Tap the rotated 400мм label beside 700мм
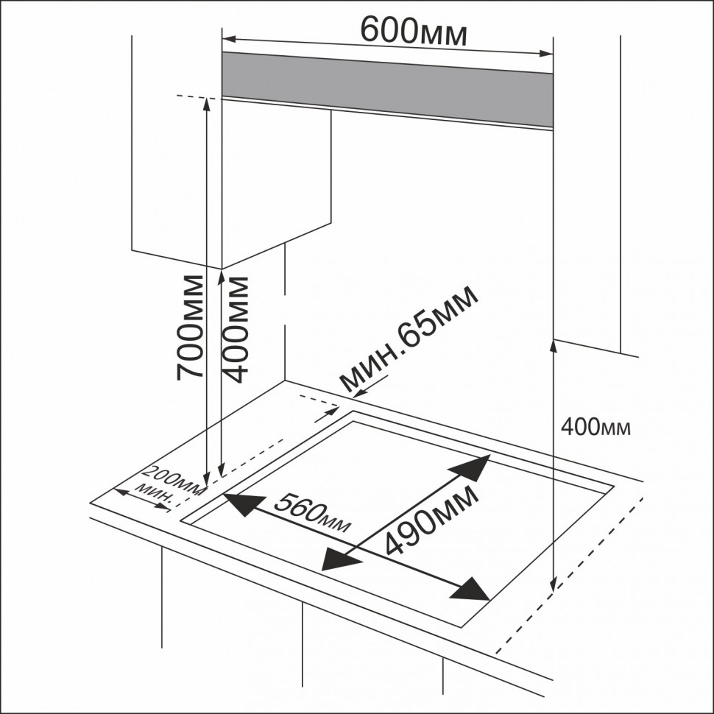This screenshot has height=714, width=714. point(236,328)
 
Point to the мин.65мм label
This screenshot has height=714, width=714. point(410,339)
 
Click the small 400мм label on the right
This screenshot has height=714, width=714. point(595,426)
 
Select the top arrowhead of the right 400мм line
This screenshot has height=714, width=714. point(553,345)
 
